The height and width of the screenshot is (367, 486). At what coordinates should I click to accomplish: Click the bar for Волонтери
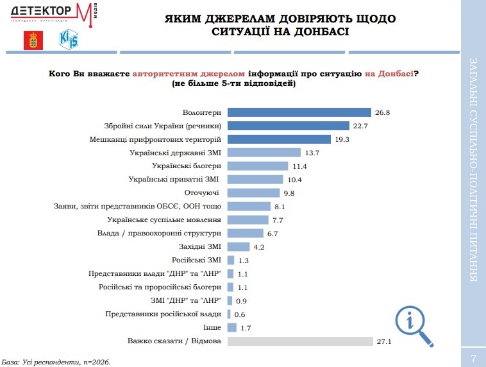click(x=299, y=112)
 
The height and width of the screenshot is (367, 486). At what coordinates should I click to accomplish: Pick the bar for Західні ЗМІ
click(x=239, y=246)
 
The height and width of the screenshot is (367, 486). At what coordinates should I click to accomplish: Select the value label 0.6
click(x=240, y=314)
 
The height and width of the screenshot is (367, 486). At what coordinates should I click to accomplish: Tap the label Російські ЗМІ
click(x=197, y=260)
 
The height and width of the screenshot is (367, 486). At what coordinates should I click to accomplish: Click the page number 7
click(x=473, y=357)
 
